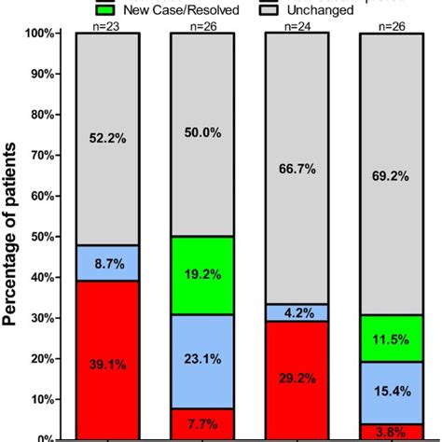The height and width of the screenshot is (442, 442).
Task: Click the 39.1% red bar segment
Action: click(106, 359)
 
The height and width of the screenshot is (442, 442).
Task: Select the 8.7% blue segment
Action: click(106, 263)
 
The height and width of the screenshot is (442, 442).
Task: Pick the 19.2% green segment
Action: click(201, 275)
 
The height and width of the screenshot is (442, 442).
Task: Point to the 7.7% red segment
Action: click(201, 422)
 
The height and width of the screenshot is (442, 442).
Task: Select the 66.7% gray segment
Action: click(297, 168)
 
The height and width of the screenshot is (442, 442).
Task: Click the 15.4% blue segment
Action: click(392, 391)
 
